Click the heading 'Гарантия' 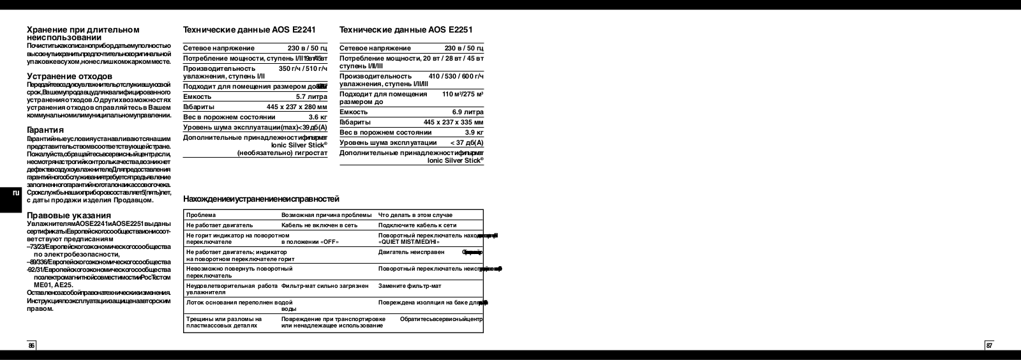(x=45, y=130)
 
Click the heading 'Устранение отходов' (x=70, y=77)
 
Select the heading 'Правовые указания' (x=69, y=215)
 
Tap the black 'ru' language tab (x=17, y=193)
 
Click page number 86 (x=31, y=345)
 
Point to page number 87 (x=989, y=345)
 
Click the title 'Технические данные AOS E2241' (x=249, y=30)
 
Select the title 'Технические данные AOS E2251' (x=406, y=30)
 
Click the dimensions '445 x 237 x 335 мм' (x=453, y=122)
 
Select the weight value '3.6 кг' (x=318, y=117)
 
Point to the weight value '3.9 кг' (x=474, y=132)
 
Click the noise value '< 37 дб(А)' (x=466, y=142)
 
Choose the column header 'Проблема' (x=201, y=215)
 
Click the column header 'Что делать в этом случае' (x=415, y=215)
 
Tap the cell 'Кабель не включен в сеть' (x=319, y=225)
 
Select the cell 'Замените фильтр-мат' (x=410, y=286)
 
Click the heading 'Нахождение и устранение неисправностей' (x=261, y=199)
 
